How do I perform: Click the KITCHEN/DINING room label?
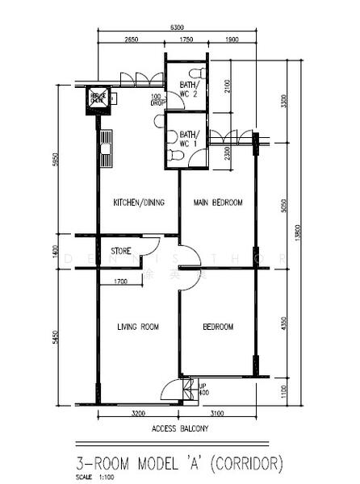coord(139,202)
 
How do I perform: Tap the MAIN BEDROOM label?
coord(218,202)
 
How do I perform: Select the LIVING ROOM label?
coord(138,327)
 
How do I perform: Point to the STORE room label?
coord(122,251)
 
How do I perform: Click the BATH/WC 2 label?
coord(189,90)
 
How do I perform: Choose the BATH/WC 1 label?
coord(189,138)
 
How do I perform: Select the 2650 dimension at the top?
coord(132,40)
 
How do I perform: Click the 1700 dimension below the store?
coord(121,281)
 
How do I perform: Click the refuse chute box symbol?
coord(98,98)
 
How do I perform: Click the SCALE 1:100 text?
coord(95,476)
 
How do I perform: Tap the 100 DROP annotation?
coord(157,100)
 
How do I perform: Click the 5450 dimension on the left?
coord(54,336)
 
